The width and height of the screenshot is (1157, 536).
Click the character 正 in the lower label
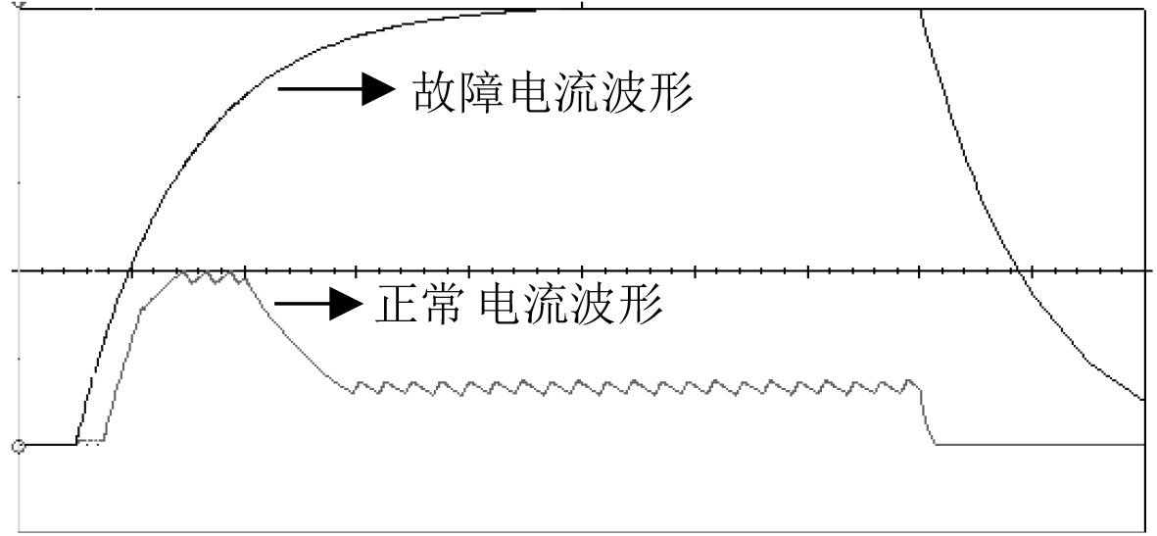(396, 306)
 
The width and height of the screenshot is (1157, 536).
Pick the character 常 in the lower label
(448, 306)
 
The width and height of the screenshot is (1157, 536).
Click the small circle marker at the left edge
(18, 447)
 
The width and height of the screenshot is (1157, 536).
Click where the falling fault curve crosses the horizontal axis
(1018, 270)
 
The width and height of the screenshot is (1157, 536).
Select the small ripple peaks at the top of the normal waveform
(212, 277)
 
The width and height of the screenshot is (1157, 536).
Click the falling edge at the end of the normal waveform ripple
(928, 416)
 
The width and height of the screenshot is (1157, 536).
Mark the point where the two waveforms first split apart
(78, 443)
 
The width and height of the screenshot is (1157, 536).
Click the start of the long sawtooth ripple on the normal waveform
(354, 389)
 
